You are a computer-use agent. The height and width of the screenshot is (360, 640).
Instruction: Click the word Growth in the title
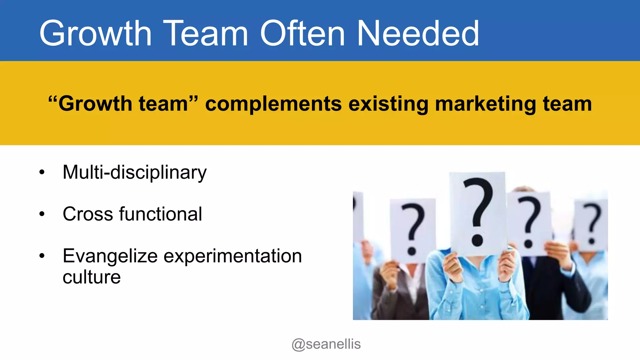pyautogui.click(x=95, y=33)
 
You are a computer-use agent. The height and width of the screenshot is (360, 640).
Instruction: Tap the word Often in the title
pyautogui.click(x=302, y=33)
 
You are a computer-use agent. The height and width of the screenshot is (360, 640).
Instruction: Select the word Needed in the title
pyautogui.click(x=418, y=33)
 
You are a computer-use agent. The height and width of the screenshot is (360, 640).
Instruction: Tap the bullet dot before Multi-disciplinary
pyautogui.click(x=42, y=172)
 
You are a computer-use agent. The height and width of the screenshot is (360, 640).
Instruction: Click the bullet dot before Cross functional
pyautogui.click(x=42, y=214)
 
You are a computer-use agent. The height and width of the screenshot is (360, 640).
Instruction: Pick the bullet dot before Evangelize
pyautogui.click(x=42, y=256)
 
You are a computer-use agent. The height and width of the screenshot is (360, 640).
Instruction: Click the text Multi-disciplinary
pyautogui.click(x=134, y=172)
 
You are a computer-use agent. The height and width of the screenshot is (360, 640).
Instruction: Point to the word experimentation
pyautogui.click(x=233, y=256)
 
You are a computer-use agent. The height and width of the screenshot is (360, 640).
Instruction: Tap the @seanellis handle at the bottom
pyautogui.click(x=326, y=344)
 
